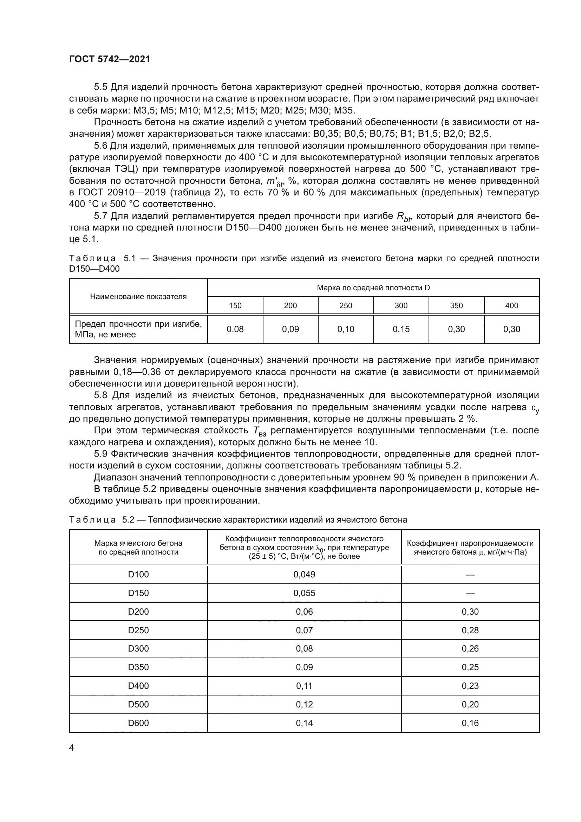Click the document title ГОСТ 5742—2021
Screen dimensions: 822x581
point(110,59)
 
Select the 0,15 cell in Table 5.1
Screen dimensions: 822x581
point(401,329)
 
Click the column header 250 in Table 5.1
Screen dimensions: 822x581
point(346,305)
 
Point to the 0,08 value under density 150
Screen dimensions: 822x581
point(235,329)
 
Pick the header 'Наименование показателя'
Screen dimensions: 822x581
point(138,297)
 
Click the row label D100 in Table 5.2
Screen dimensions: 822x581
point(138,574)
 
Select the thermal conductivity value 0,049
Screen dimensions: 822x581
point(304,574)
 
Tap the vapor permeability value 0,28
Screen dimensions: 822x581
point(470,630)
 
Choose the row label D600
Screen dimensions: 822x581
point(138,723)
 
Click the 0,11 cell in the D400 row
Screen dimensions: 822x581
point(304,686)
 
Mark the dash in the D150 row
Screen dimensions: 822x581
point(470,593)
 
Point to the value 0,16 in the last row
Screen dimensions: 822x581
point(470,723)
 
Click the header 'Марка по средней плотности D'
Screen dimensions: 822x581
point(373,287)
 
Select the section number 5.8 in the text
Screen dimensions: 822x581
point(102,395)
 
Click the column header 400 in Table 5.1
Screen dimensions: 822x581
point(511,305)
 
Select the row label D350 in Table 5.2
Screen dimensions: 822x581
point(138,667)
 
